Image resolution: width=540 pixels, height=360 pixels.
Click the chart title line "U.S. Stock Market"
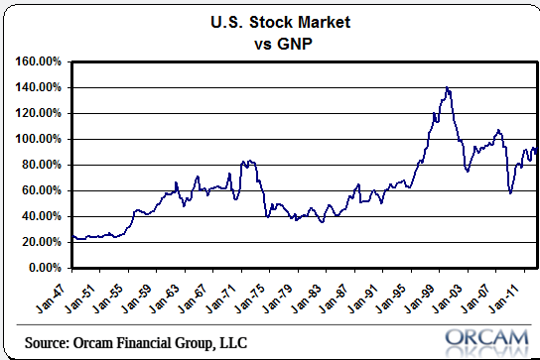coord(280,22)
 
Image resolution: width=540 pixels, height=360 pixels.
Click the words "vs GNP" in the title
coord(283,44)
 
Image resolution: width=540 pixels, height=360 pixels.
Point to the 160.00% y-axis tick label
coord(39,61)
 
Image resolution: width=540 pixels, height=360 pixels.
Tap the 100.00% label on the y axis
coord(39,139)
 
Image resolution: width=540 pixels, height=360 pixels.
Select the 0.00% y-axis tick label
coord(45,268)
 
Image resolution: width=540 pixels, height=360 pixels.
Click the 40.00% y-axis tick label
coord(42,216)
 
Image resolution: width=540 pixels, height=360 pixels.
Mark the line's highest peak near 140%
coord(447,87)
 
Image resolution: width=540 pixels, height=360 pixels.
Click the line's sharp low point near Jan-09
coord(510,193)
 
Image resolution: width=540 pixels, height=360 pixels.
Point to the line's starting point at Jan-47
coord(73,236)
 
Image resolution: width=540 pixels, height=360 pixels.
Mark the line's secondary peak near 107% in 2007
coord(498,130)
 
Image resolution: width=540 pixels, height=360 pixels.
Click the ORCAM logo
coord(486,338)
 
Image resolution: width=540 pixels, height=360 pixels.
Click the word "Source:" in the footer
coord(47,343)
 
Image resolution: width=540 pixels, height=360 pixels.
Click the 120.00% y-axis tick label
coord(39,113)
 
